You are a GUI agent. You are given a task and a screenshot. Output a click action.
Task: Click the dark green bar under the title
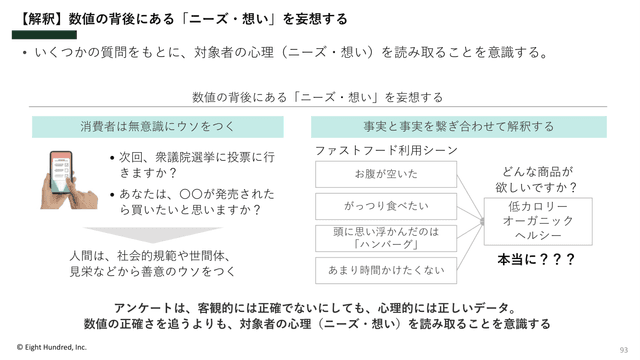(x=44, y=35)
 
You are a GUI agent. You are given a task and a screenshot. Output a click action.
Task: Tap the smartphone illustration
(x=68, y=180)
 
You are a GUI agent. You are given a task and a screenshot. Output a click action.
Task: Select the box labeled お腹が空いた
(x=386, y=174)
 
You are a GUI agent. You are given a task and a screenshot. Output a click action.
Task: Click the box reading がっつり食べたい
(x=386, y=206)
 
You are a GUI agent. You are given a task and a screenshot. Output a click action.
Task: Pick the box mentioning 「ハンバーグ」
(x=386, y=238)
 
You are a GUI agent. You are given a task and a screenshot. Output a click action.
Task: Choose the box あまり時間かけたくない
(x=386, y=270)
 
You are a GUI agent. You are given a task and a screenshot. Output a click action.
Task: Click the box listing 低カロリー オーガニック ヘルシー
(x=538, y=221)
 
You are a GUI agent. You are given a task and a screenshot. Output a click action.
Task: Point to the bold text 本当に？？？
(x=536, y=259)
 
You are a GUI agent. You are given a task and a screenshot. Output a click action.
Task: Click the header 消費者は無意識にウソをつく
(x=158, y=127)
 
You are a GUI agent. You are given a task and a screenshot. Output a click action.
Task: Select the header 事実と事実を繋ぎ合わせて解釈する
(x=459, y=127)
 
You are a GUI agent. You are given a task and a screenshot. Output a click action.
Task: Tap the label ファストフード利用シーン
(x=386, y=151)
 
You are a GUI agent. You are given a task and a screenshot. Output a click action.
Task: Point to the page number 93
(x=624, y=350)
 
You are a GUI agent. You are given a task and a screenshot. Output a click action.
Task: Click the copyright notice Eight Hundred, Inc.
(x=52, y=347)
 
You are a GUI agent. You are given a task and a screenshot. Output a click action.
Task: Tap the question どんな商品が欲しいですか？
(x=537, y=180)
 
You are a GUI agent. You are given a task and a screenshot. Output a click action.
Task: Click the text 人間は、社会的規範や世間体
(x=150, y=256)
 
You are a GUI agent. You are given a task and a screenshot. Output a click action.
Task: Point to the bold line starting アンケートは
(x=316, y=308)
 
